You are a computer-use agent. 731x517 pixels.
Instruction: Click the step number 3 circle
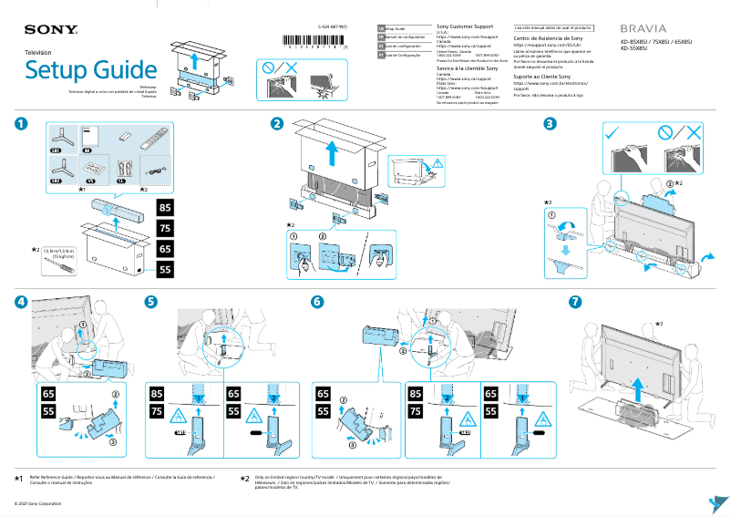(550, 124)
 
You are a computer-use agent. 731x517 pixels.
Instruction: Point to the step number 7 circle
(574, 301)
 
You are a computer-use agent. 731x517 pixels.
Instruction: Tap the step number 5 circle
(151, 301)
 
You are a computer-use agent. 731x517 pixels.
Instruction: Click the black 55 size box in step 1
(166, 269)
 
